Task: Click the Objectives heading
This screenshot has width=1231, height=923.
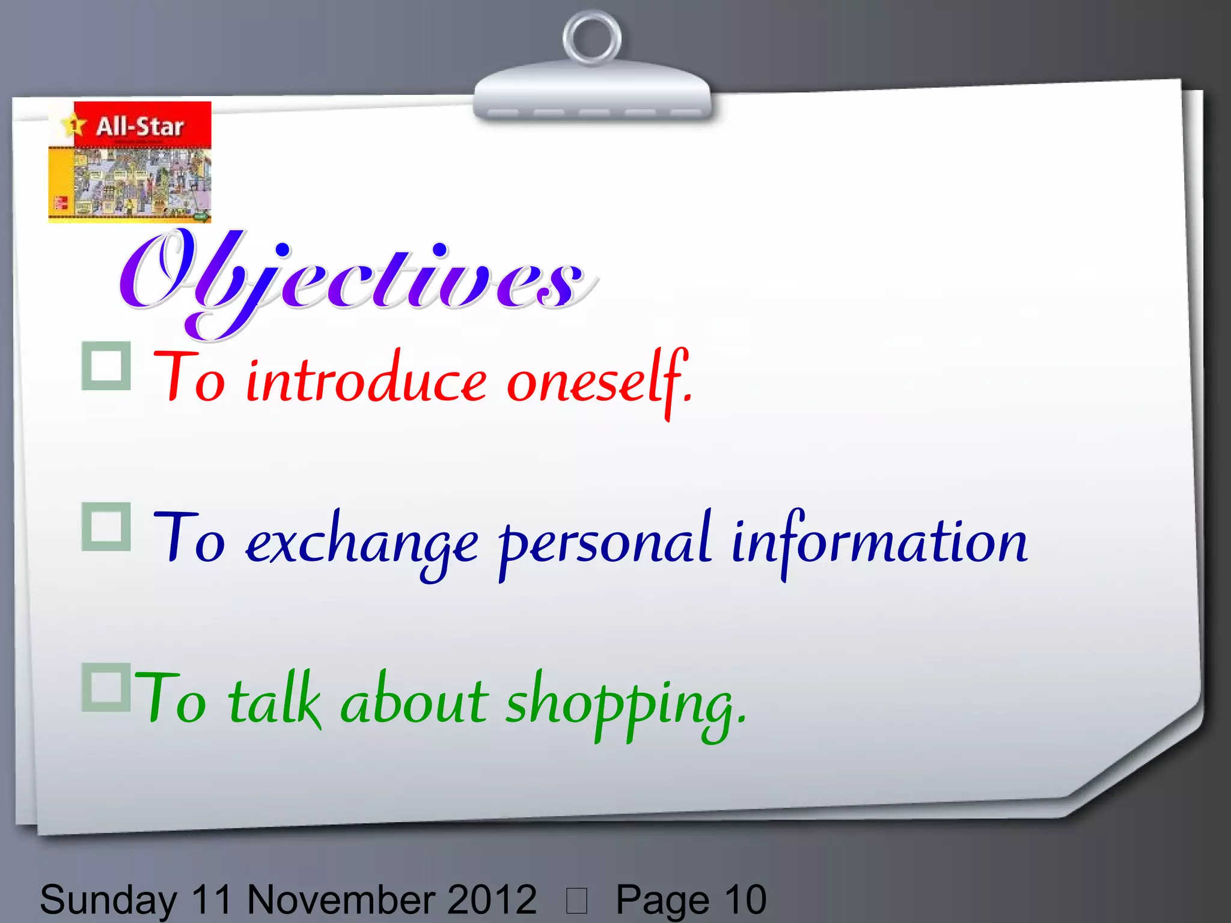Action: point(355,279)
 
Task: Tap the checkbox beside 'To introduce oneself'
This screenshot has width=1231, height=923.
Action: point(106,366)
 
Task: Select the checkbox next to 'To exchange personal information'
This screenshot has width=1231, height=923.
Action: point(106,527)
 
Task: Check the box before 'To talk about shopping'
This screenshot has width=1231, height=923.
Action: point(106,687)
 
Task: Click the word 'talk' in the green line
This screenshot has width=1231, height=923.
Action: point(274,701)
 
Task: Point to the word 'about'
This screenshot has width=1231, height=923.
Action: point(415,701)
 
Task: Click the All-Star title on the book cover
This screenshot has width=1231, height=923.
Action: point(139,126)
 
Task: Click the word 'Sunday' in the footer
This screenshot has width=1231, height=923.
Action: point(108,900)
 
